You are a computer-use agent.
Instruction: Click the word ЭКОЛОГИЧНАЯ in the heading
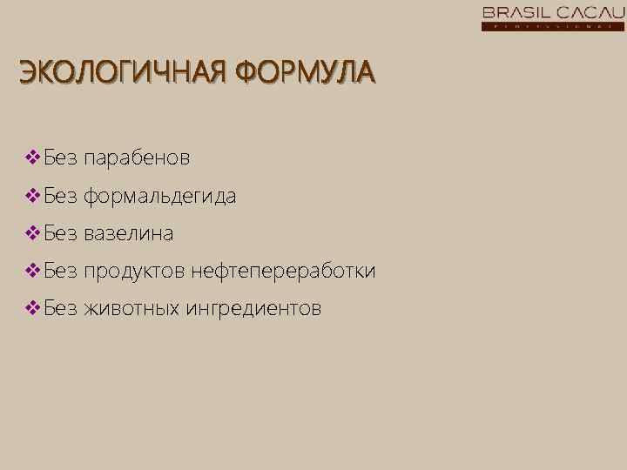(x=117, y=72)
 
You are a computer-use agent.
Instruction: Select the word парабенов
(x=137, y=159)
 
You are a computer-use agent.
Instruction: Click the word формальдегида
(x=159, y=197)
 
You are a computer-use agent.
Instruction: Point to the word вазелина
(x=129, y=234)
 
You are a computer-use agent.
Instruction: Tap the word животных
(x=131, y=308)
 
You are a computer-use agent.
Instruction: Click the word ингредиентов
(x=253, y=309)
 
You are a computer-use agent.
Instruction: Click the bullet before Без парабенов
(x=32, y=158)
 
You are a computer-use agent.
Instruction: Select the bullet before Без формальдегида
(x=32, y=196)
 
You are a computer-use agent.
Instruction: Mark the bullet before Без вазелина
(x=32, y=233)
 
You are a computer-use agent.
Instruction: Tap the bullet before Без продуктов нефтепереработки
(x=32, y=271)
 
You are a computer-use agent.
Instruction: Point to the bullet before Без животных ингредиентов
(x=32, y=308)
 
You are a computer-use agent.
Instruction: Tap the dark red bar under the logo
(x=553, y=26)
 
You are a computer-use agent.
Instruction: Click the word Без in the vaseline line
(x=61, y=233)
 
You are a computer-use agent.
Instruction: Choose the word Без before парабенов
(x=61, y=158)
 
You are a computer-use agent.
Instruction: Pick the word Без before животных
(x=61, y=308)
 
